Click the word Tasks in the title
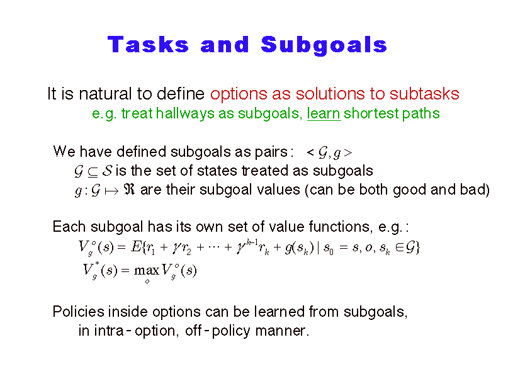[148, 44]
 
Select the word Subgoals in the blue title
[324, 45]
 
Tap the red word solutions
[330, 94]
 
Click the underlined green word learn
[324, 113]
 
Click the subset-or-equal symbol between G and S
[93, 172]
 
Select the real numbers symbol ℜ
[129, 190]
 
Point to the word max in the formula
[147, 270]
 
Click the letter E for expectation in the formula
[135, 247]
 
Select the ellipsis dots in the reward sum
[214, 247]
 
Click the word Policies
[79, 312]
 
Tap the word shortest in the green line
[371, 113]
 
